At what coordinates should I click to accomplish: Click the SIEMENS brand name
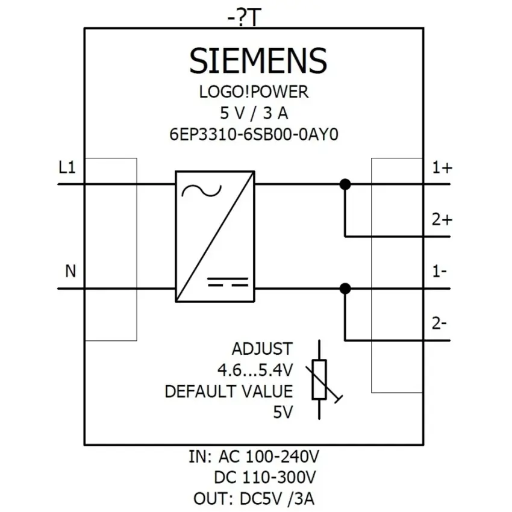coord(258,60)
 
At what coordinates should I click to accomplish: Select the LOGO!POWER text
coord(254,92)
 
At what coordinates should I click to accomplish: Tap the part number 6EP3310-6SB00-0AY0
coord(254,134)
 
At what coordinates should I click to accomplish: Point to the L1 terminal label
coord(67,167)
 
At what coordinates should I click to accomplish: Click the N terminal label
coord(70,271)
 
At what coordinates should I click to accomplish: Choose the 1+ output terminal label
coord(442,168)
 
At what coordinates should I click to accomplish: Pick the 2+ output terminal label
coord(442,220)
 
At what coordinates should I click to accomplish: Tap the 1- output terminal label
coord(440,272)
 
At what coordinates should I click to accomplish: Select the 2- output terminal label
coord(439,323)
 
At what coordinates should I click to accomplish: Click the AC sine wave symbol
coord(201,191)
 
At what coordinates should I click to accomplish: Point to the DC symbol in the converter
coord(228,282)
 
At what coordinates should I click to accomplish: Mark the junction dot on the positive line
coord(345,184)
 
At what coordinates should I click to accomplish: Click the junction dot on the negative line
coord(345,289)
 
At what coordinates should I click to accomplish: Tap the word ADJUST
coord(262,349)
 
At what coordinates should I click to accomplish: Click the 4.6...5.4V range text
coord(255,370)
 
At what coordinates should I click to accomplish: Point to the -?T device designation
coord(245,17)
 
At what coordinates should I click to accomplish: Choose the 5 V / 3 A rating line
coord(254,113)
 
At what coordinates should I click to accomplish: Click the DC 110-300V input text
coord(265,478)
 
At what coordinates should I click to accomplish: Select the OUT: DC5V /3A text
coord(254,499)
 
